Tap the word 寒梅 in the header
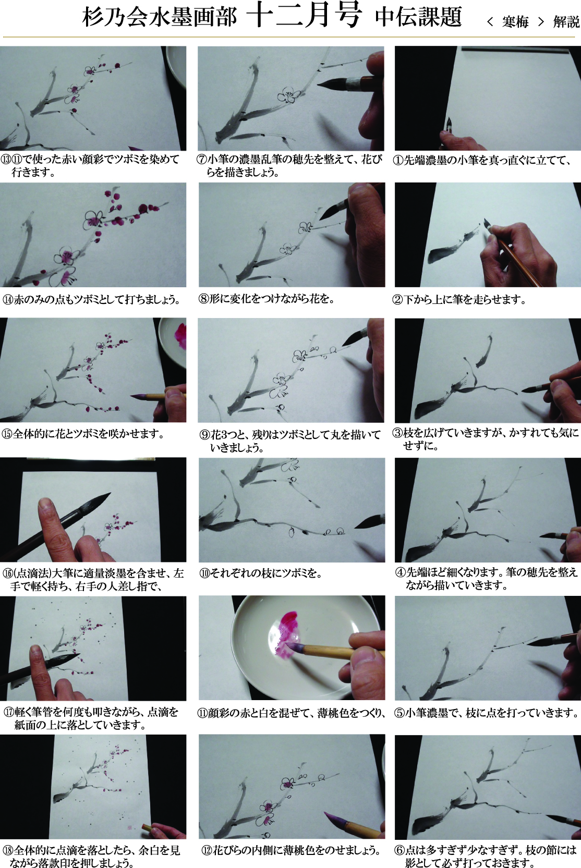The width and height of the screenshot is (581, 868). pos(515,22)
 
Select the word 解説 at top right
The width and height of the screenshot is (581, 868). pos(566,22)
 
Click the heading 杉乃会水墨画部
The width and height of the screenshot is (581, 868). pos(159,17)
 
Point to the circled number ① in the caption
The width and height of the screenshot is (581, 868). pos(398,160)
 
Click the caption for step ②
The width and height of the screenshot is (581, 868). pos(459,300)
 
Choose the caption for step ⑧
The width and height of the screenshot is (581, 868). pos(267,299)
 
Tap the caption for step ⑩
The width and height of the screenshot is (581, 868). pos(261,573)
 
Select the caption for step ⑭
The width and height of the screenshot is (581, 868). pos(91,299)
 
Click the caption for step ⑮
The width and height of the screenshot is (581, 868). pos(83,434)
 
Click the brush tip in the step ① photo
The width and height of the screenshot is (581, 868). pos(449,124)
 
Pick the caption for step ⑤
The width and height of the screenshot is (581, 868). pos(487,713)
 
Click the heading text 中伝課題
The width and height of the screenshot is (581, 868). pos(418,18)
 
